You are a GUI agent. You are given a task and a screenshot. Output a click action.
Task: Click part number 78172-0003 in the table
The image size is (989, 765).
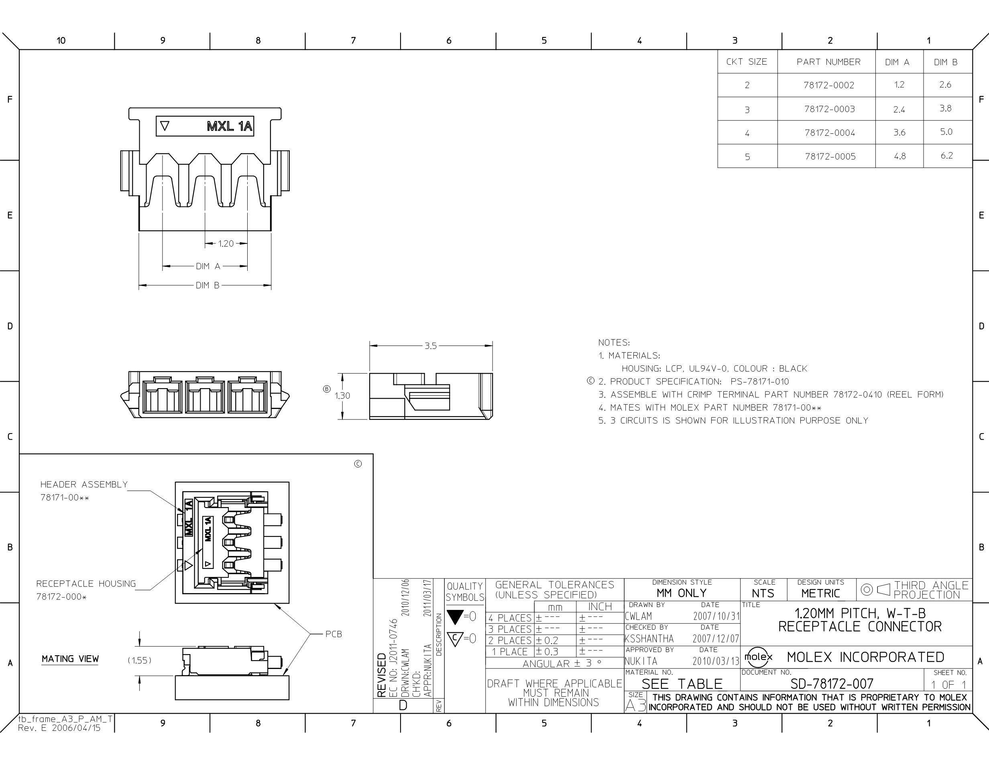tap(830, 109)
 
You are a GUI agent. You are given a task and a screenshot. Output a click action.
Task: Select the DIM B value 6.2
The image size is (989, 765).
tap(946, 155)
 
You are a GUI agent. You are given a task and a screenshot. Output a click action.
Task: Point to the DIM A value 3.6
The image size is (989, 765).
tap(899, 132)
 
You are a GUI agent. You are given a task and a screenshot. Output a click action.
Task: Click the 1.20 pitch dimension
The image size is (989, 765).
tap(226, 244)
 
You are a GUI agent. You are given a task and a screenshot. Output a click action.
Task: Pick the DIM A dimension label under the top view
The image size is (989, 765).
tap(208, 266)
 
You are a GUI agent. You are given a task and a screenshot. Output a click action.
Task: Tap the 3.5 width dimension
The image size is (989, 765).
tap(431, 346)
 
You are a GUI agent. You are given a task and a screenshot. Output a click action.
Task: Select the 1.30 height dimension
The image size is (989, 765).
tap(342, 396)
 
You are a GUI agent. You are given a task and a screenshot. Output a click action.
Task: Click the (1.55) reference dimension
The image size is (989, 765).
tap(139, 660)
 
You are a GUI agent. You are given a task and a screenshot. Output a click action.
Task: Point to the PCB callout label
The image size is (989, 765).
tap(334, 634)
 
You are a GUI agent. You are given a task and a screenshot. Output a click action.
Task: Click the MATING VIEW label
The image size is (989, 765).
tap(70, 659)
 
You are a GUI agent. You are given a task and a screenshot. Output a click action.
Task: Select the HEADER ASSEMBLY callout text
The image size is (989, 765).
tap(84, 485)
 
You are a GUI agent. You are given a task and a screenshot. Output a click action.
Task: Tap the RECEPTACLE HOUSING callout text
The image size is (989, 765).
tap(86, 584)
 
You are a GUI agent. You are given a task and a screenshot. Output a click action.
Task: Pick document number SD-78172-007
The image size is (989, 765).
tap(832, 683)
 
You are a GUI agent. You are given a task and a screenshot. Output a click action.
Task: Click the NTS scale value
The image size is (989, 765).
tap(763, 593)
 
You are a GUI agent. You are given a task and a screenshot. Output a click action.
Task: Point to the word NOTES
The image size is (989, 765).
tap(614, 343)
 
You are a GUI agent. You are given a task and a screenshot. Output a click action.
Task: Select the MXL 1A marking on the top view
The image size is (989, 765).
tap(230, 126)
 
